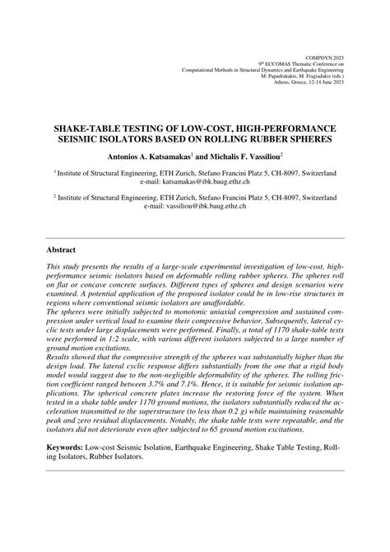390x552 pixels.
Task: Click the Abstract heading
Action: pyautogui.click(x=62, y=250)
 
